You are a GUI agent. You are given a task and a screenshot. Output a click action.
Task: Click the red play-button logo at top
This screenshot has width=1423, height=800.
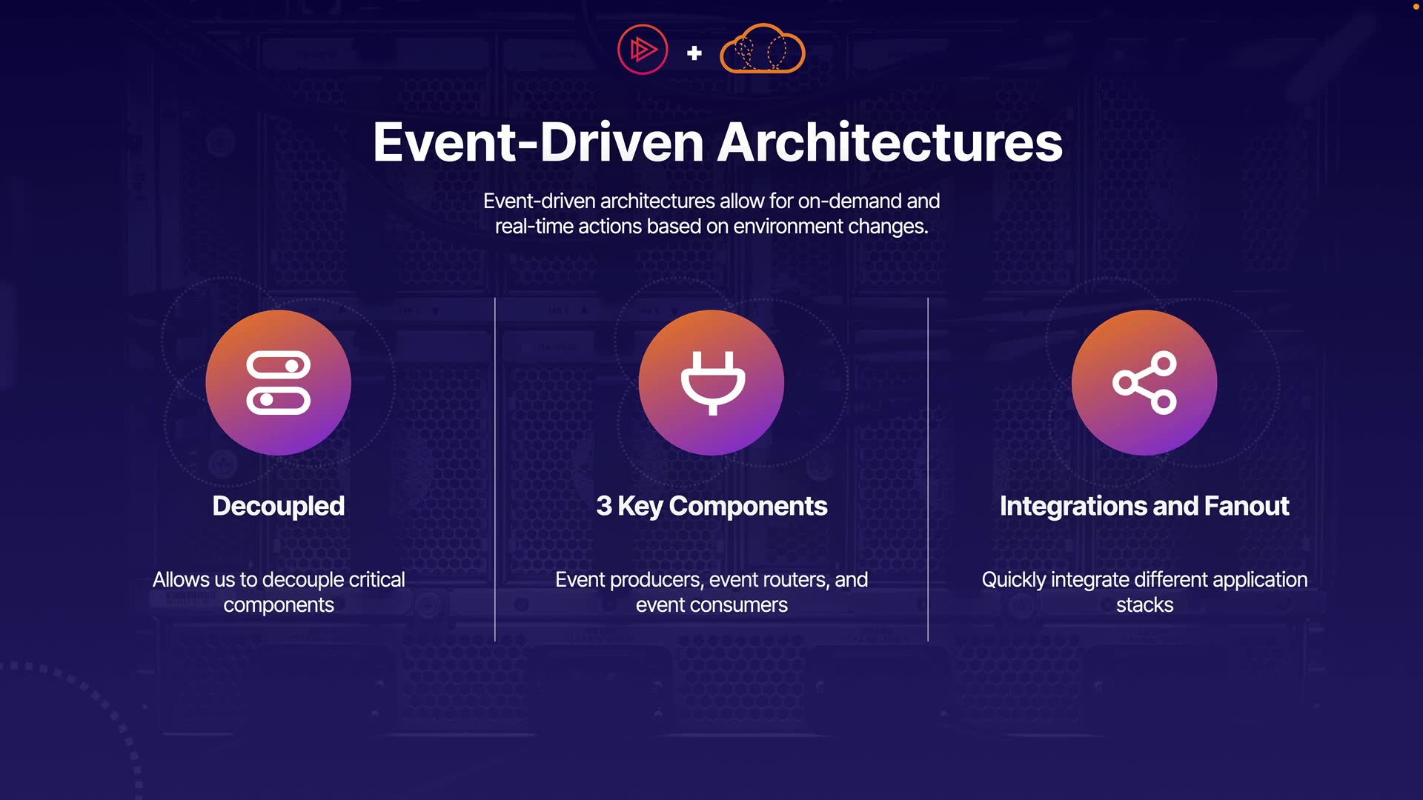pos(643,50)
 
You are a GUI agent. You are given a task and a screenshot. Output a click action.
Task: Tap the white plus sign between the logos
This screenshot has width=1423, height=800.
pos(694,53)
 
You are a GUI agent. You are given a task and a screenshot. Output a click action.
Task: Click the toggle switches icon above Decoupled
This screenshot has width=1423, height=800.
pos(279,382)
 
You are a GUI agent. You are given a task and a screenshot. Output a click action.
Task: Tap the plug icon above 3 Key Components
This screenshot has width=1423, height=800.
pos(713,383)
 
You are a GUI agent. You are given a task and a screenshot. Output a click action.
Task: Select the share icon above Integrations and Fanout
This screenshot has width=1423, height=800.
pos(1144,382)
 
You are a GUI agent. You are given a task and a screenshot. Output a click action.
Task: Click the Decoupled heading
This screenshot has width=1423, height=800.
pos(279,506)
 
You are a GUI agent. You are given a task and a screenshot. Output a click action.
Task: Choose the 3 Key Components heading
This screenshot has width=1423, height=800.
pos(711,506)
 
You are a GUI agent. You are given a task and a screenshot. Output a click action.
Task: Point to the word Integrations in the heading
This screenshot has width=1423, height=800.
pos(1072,506)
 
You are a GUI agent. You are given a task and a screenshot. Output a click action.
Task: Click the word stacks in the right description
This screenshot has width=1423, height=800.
pos(1145,605)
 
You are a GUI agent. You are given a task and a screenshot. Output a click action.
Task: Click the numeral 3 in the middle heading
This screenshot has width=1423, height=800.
pos(604,506)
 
